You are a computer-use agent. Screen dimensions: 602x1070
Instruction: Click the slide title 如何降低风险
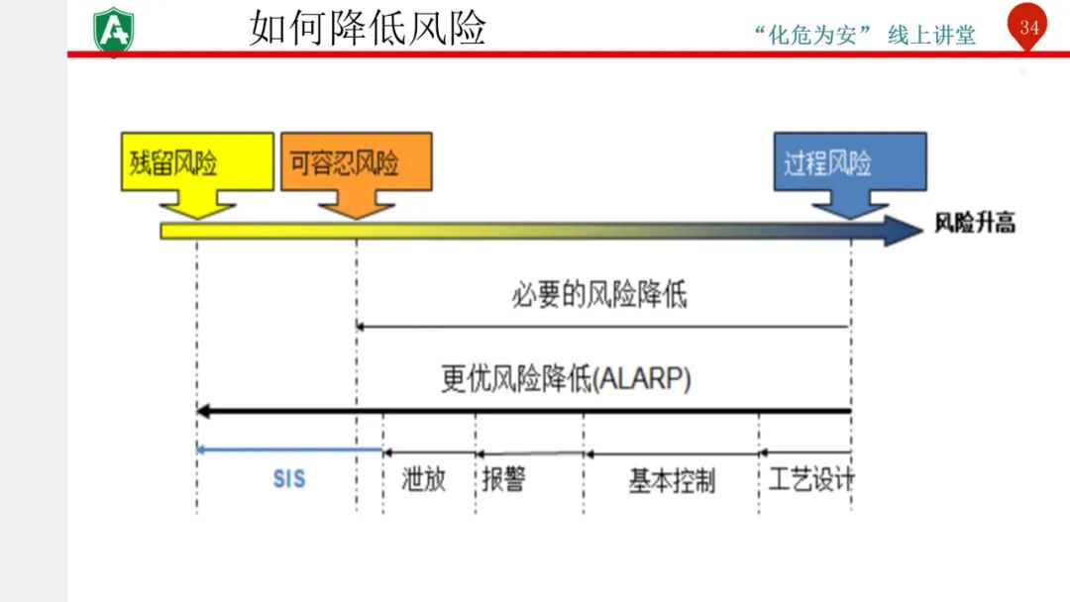368,28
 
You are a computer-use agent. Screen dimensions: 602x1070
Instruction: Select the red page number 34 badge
1029,28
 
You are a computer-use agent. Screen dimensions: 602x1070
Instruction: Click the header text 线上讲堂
931,36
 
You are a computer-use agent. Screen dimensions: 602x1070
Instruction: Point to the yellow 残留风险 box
197,161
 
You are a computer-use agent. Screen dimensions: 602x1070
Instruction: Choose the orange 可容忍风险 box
356,161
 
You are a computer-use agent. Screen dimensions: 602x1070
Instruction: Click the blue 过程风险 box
849,161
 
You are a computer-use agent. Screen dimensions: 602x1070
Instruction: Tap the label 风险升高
975,223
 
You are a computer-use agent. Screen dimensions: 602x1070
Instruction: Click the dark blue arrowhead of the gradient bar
903,231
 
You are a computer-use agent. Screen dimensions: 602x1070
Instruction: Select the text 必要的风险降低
598,295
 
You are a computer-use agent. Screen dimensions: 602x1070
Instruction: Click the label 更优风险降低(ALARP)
566,379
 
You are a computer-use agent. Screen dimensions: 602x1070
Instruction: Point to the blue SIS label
289,480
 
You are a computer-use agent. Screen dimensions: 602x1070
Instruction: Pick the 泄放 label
424,480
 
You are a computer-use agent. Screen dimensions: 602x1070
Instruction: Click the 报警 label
503,480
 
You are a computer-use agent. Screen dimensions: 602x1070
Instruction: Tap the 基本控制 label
672,482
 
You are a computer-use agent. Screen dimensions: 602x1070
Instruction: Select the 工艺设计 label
811,480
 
